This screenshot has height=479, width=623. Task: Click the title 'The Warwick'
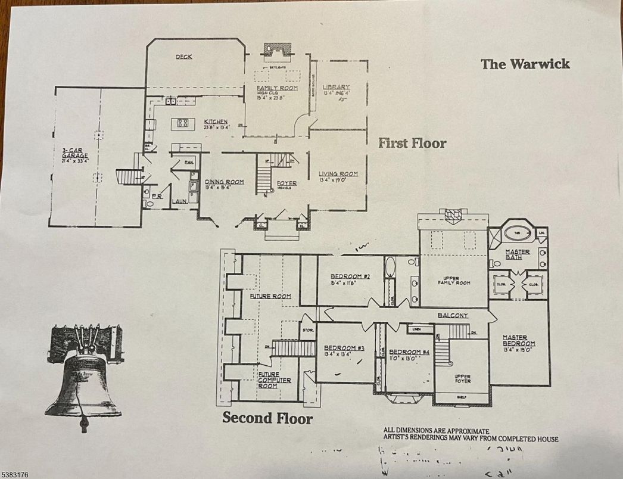point(525,64)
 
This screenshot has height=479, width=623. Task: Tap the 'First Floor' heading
point(412,143)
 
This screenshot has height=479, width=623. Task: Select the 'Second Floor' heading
point(267,418)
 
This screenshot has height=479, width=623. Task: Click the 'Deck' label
point(183,57)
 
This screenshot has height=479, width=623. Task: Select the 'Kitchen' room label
point(216,122)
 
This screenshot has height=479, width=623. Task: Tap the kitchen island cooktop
point(182,124)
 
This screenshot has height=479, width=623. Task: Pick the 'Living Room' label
point(338,174)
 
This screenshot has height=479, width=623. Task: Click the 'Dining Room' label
point(224,182)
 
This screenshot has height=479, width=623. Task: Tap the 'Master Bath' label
point(517,252)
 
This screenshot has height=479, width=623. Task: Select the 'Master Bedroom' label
point(518,340)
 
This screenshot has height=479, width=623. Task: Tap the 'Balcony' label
point(453,315)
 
